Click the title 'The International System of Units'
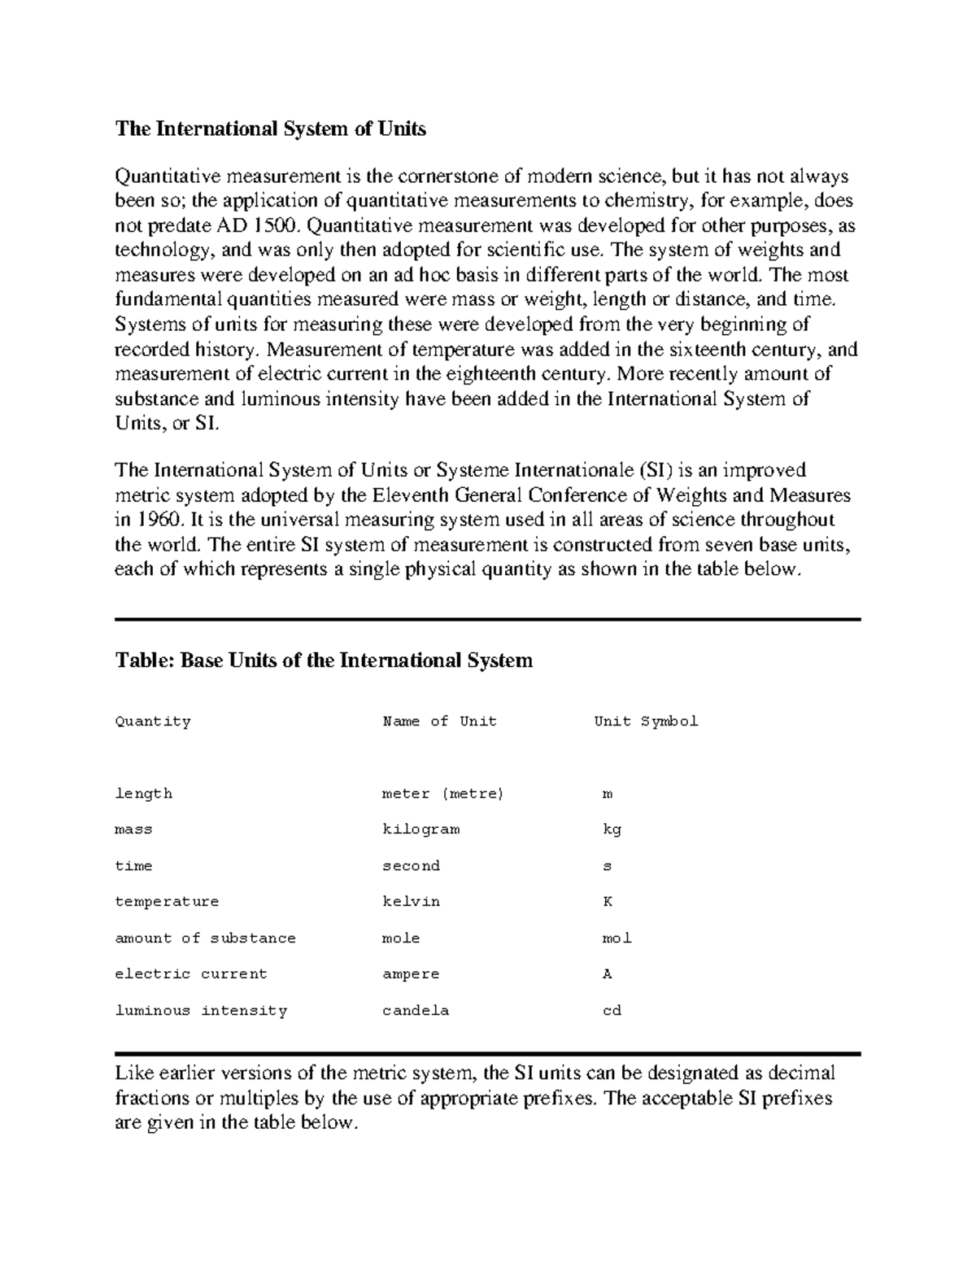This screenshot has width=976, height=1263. coord(270,128)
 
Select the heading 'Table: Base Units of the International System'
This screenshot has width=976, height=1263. coord(324,660)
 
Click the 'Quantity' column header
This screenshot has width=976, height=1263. coord(153,721)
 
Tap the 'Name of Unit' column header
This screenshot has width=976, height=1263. coord(439,721)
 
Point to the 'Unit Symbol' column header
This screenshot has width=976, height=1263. coord(646,721)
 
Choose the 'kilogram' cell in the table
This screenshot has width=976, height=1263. coord(420,830)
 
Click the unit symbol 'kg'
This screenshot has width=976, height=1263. coord(612,830)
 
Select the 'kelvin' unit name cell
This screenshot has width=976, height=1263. coord(411,901)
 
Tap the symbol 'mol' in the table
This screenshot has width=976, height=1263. coord(617,938)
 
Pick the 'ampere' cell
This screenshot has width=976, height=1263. coord(411,973)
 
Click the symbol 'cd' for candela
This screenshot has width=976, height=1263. coord(612,1010)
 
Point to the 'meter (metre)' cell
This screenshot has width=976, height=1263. coord(443,794)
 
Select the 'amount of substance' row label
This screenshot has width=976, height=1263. coord(205,938)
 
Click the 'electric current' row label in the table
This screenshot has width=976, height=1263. coord(191,973)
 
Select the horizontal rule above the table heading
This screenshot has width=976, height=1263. coord(487,620)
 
